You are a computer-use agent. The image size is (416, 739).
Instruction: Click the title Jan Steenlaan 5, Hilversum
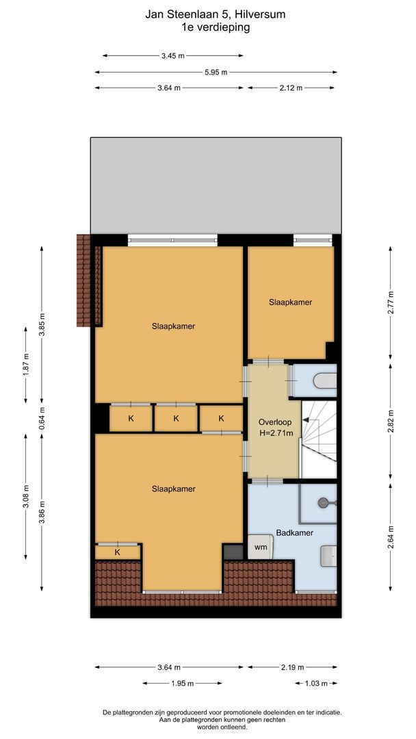[x=216, y=13]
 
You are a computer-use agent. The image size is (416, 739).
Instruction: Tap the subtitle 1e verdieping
[x=216, y=27]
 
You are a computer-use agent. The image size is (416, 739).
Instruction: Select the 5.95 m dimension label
[x=216, y=72]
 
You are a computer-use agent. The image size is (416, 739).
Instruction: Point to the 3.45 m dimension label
[x=172, y=56]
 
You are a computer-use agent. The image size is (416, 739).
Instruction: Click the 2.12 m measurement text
[x=291, y=88]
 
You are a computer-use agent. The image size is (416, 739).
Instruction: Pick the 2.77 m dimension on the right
[x=391, y=302]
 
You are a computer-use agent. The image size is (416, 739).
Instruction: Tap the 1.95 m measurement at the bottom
[x=182, y=683]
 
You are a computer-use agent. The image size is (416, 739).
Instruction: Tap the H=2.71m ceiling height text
[x=275, y=432]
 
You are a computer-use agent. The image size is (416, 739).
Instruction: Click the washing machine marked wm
[x=261, y=547]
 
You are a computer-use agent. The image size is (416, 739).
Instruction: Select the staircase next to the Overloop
[x=320, y=438]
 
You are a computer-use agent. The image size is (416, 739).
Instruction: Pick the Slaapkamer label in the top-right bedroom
[x=289, y=302]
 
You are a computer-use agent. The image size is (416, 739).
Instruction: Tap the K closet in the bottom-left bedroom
[x=118, y=552]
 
